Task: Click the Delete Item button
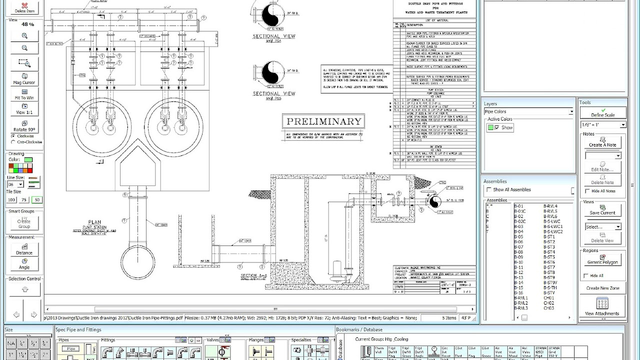pyautogui.click(x=24, y=7)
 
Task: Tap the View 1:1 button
pyautogui.click(x=24, y=109)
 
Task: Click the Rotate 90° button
pyautogui.click(x=24, y=126)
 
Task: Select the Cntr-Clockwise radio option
pyautogui.click(x=13, y=142)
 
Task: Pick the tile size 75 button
pyautogui.click(x=24, y=200)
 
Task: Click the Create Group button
pyautogui.click(x=24, y=223)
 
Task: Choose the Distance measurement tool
pyautogui.click(x=24, y=249)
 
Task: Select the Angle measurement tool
pyautogui.click(x=24, y=264)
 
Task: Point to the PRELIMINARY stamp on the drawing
pyautogui.click(x=323, y=121)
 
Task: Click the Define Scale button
pyautogui.click(x=602, y=112)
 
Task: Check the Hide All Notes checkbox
pyautogui.click(x=587, y=191)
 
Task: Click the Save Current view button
pyautogui.click(x=602, y=210)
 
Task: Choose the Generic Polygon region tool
pyautogui.click(x=602, y=259)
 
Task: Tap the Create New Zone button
pyautogui.click(x=602, y=288)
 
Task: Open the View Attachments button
pyautogui.click(x=602, y=306)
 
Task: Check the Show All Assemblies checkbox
pyautogui.click(x=489, y=190)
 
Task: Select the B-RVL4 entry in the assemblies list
pyautogui.click(x=550, y=206)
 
